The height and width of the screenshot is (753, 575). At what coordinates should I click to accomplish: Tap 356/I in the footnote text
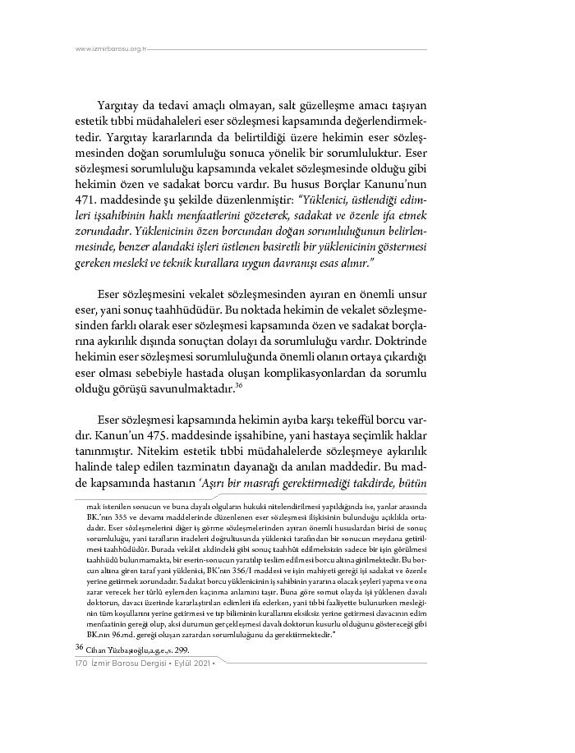pos(241,571)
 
